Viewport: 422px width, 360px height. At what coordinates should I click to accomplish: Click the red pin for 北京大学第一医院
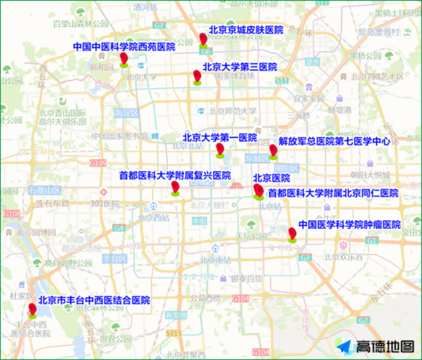[220, 149]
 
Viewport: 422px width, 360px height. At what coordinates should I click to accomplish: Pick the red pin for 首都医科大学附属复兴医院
[175, 187]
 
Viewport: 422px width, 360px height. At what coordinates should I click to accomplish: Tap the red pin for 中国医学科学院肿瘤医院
[292, 234]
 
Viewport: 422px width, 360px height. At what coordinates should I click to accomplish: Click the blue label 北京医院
[271, 178]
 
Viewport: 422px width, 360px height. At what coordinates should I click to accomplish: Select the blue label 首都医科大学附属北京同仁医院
[333, 193]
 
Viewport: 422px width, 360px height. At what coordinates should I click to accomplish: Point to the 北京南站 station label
[215, 259]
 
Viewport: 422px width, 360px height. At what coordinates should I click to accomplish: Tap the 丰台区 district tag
[114, 258]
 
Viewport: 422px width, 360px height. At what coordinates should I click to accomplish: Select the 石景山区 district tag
[44, 190]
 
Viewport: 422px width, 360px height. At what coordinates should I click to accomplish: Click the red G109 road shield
[98, 163]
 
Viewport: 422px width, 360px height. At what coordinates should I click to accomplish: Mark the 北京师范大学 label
[233, 111]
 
